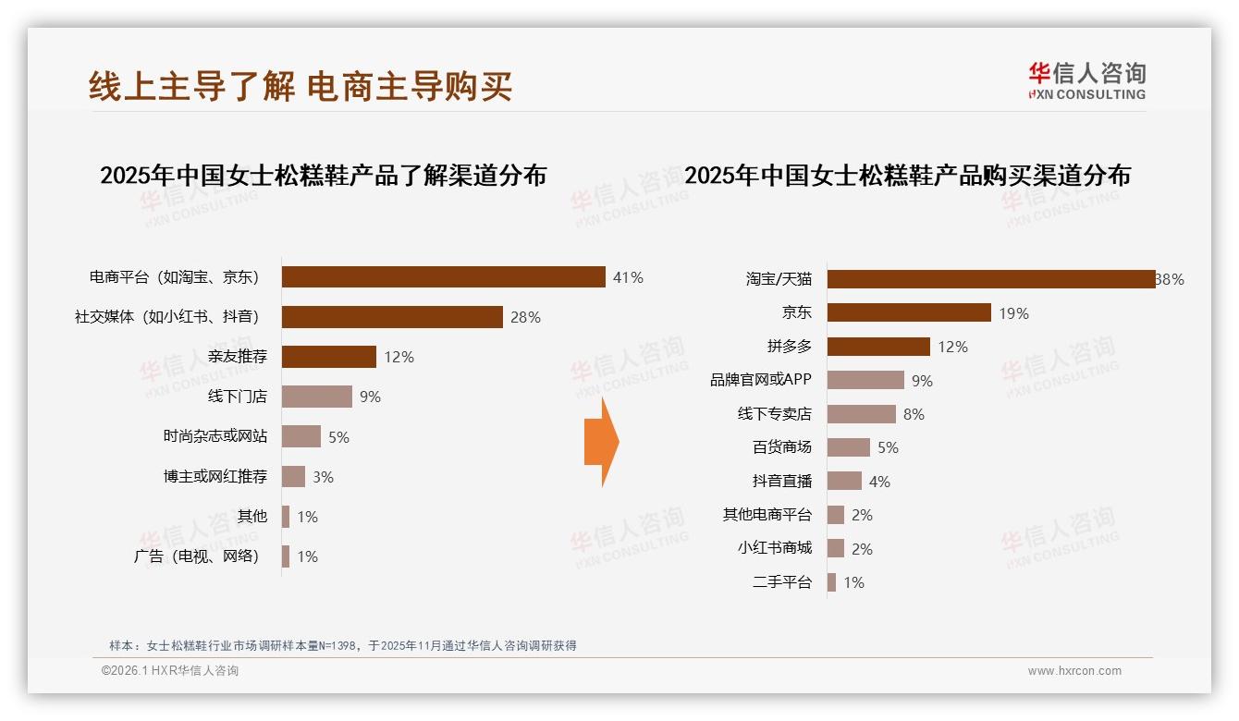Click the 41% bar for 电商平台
click(444, 277)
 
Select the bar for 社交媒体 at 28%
click(392, 317)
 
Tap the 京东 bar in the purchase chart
click(909, 312)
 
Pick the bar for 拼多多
click(878, 347)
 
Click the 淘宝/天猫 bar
click(991, 279)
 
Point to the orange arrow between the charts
click(602, 442)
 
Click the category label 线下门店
click(238, 397)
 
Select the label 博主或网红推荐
click(215, 476)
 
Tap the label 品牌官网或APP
click(761, 380)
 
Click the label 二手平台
click(782, 581)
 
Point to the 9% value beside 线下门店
click(370, 397)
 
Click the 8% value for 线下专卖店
click(914, 414)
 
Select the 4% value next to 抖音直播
click(879, 482)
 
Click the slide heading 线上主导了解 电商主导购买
click(301, 86)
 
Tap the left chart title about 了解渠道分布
click(323, 175)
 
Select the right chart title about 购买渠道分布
click(907, 175)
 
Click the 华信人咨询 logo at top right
click(1086, 80)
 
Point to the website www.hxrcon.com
click(1074, 671)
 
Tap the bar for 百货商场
click(848, 447)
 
